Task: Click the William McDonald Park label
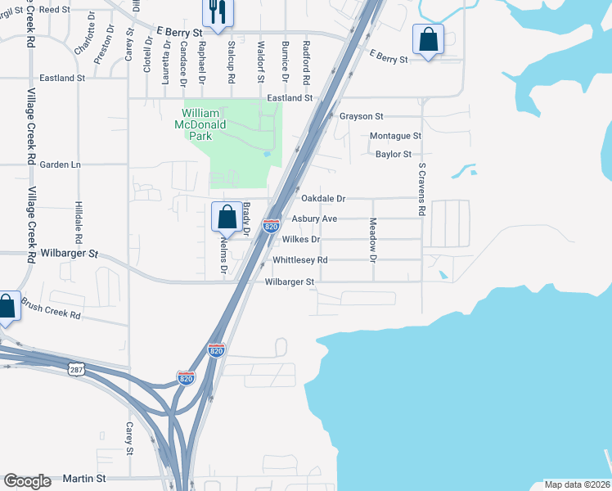point(200,124)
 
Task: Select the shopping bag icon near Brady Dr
point(227,218)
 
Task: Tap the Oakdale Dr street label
point(324,199)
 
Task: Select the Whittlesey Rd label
point(300,260)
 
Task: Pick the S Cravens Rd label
point(422,189)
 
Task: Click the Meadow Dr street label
point(372,240)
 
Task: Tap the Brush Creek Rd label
point(52,309)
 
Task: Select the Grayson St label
point(362,117)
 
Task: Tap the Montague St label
point(395,136)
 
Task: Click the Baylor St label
point(394,154)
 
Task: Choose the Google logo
point(27,481)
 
